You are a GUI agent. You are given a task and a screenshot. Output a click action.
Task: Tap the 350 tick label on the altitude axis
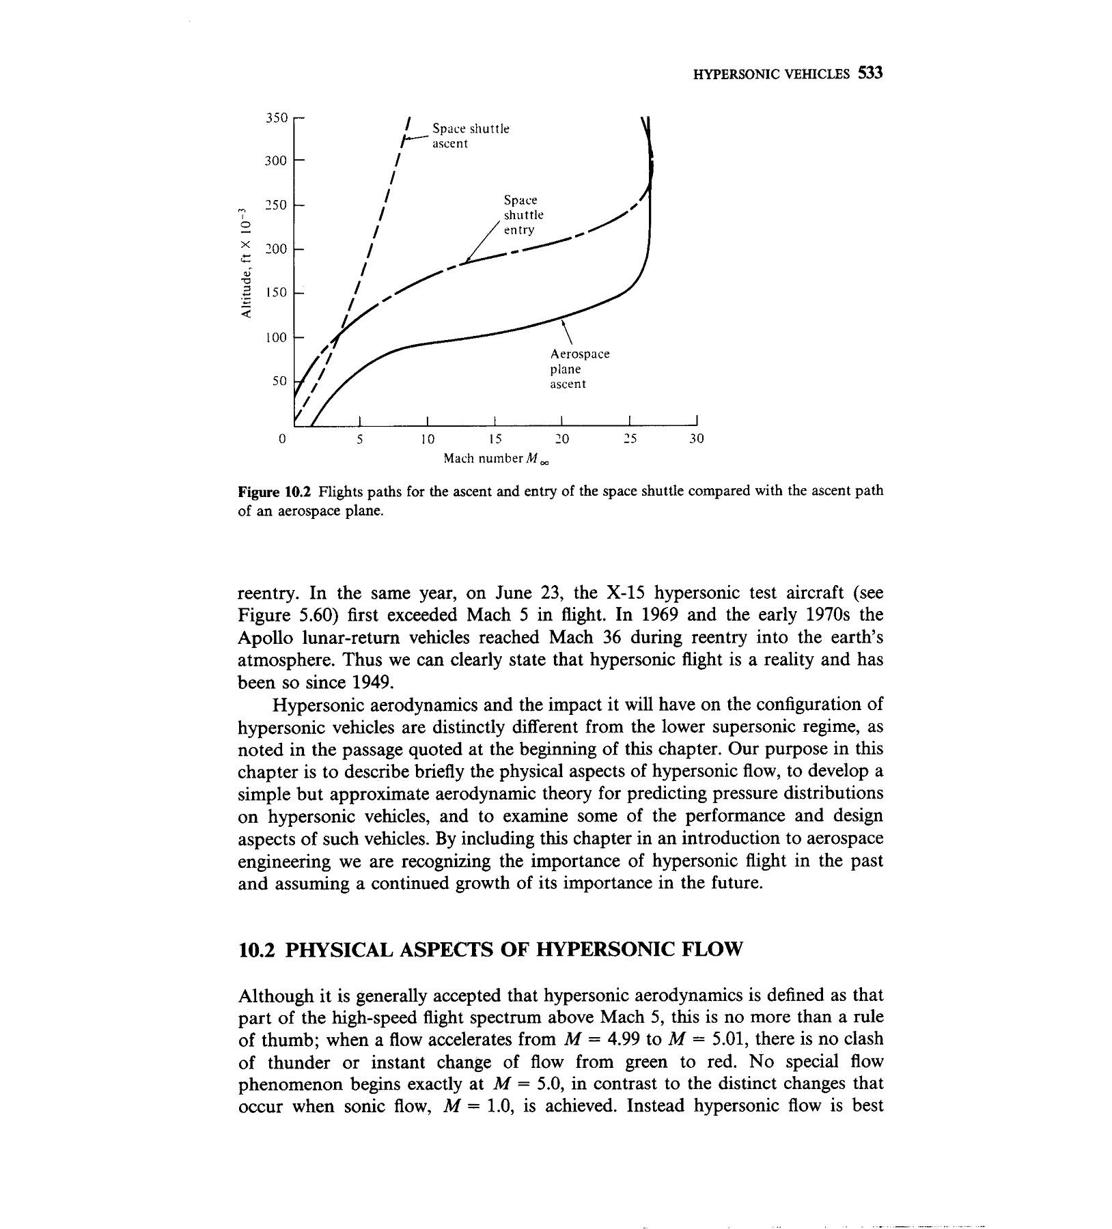pyautogui.click(x=277, y=117)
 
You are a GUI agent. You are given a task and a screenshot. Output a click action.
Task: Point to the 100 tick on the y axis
pyautogui.click(x=277, y=337)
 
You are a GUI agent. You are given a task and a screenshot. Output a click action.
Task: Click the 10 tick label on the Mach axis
pyautogui.click(x=427, y=438)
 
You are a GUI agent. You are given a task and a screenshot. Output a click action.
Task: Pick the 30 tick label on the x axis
pyautogui.click(x=695, y=438)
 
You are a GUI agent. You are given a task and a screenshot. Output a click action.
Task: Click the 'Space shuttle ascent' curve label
pyautogui.click(x=471, y=136)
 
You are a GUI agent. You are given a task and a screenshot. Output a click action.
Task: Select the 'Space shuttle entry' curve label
pyautogui.click(x=523, y=214)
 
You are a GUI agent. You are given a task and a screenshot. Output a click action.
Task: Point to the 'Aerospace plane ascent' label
pyautogui.click(x=579, y=369)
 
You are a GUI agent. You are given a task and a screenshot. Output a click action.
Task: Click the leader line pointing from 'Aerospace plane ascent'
pyautogui.click(x=566, y=332)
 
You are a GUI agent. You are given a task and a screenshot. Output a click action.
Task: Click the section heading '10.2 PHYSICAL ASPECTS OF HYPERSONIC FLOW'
pyautogui.click(x=489, y=950)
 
